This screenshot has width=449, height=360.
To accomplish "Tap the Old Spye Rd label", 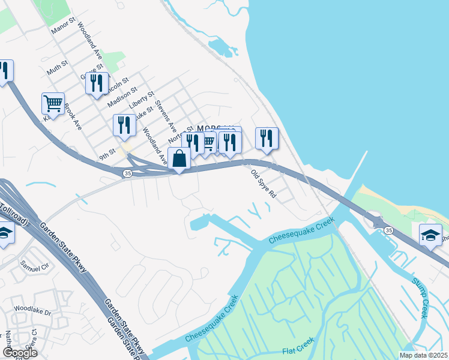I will click(x=263, y=183).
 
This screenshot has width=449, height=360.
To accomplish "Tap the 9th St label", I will click(x=107, y=155).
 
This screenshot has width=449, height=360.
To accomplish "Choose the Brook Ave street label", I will click(x=72, y=116).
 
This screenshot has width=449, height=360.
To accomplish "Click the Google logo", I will click(x=20, y=352).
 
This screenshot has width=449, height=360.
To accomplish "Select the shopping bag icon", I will click(x=179, y=159).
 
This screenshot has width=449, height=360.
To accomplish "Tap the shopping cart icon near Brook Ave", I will click(x=53, y=104).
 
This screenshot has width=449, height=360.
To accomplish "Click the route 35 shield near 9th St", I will click(x=127, y=173).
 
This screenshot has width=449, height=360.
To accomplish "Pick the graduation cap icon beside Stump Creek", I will click(x=431, y=236).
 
